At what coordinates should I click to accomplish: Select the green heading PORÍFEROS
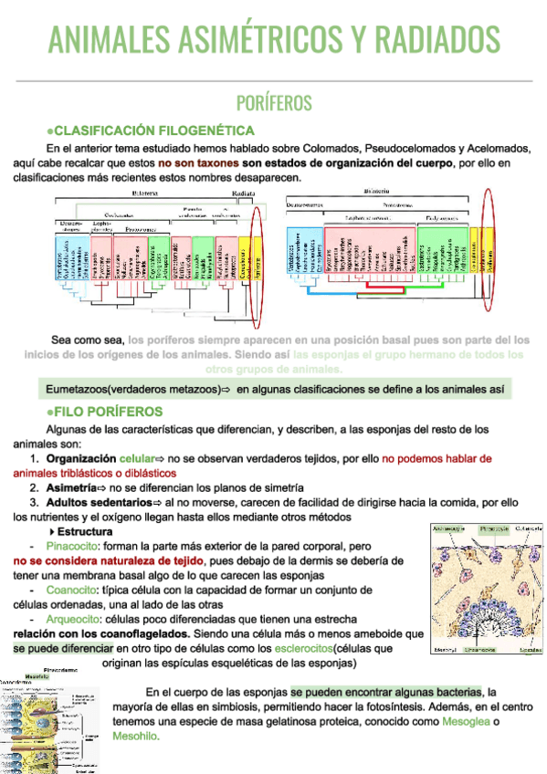(273, 101)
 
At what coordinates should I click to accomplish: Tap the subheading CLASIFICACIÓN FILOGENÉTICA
(153, 130)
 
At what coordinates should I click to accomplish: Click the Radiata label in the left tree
(243, 193)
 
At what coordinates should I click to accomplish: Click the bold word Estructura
(90, 531)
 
